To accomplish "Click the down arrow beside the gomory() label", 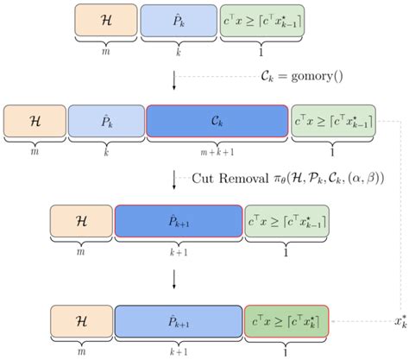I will pos(175,79).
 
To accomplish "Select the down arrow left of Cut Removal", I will pos(175,179).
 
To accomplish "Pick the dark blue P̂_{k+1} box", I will pos(177,220).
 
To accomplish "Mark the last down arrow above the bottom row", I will pos(175,278).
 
